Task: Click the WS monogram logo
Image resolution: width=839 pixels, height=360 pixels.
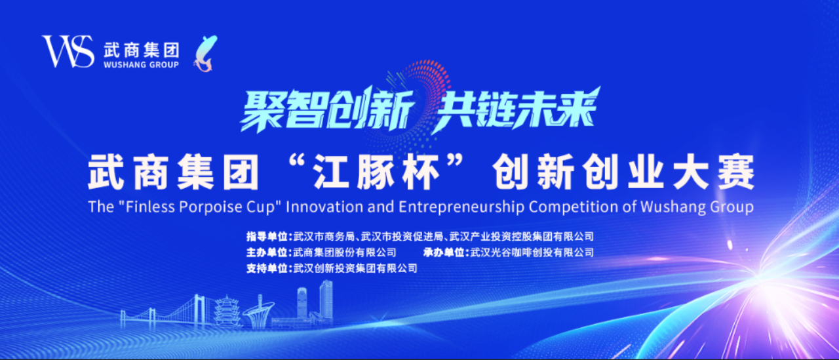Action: pos(68,51)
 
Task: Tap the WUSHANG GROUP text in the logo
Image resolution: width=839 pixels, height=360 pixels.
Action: pos(141,64)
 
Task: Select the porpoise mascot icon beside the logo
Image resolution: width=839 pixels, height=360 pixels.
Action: pos(205,53)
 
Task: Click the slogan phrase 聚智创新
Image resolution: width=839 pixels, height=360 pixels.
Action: pos(326,110)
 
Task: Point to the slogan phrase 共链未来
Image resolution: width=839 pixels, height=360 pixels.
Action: pos(516,110)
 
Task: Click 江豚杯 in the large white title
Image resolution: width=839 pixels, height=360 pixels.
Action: pos(376,173)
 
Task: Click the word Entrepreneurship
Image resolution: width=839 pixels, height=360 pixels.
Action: pos(461,207)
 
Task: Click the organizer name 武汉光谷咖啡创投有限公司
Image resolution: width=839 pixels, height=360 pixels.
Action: pos(532,252)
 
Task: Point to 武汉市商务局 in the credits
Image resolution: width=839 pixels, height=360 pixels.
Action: pos(324,236)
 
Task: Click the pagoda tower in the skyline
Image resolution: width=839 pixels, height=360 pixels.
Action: pos(227,312)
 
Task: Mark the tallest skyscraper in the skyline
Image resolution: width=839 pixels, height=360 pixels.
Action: pos(326,301)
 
